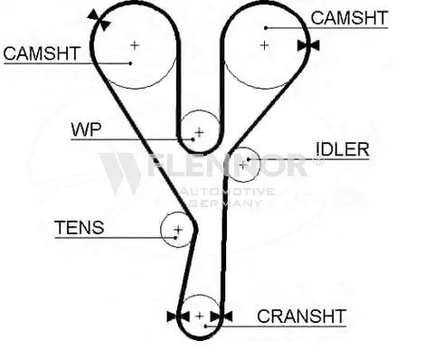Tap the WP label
86,129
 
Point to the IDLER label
342,149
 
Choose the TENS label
79,227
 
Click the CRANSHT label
301,316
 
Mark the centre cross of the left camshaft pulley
135,43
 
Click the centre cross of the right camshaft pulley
265,43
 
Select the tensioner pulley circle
177,230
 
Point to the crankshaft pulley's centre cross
199,316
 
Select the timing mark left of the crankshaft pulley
174,316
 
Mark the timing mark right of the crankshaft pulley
221,316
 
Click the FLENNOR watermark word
226,167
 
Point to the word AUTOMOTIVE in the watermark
225,192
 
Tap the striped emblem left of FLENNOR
120,173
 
